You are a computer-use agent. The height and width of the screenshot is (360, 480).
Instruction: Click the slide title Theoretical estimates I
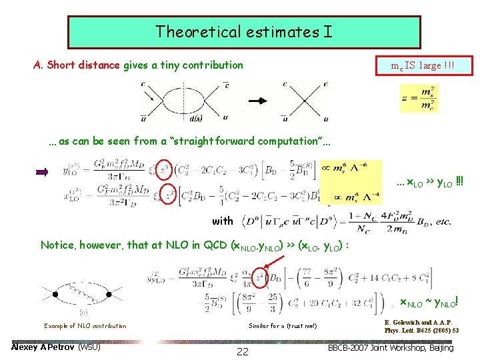243,31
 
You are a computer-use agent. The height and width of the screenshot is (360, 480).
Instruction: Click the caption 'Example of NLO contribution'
85,326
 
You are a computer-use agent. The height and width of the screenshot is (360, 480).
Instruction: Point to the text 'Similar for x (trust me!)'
283,326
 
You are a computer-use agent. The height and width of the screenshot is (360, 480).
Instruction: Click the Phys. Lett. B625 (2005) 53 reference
421,330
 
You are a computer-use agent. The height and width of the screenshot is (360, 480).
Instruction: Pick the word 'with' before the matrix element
222,221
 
